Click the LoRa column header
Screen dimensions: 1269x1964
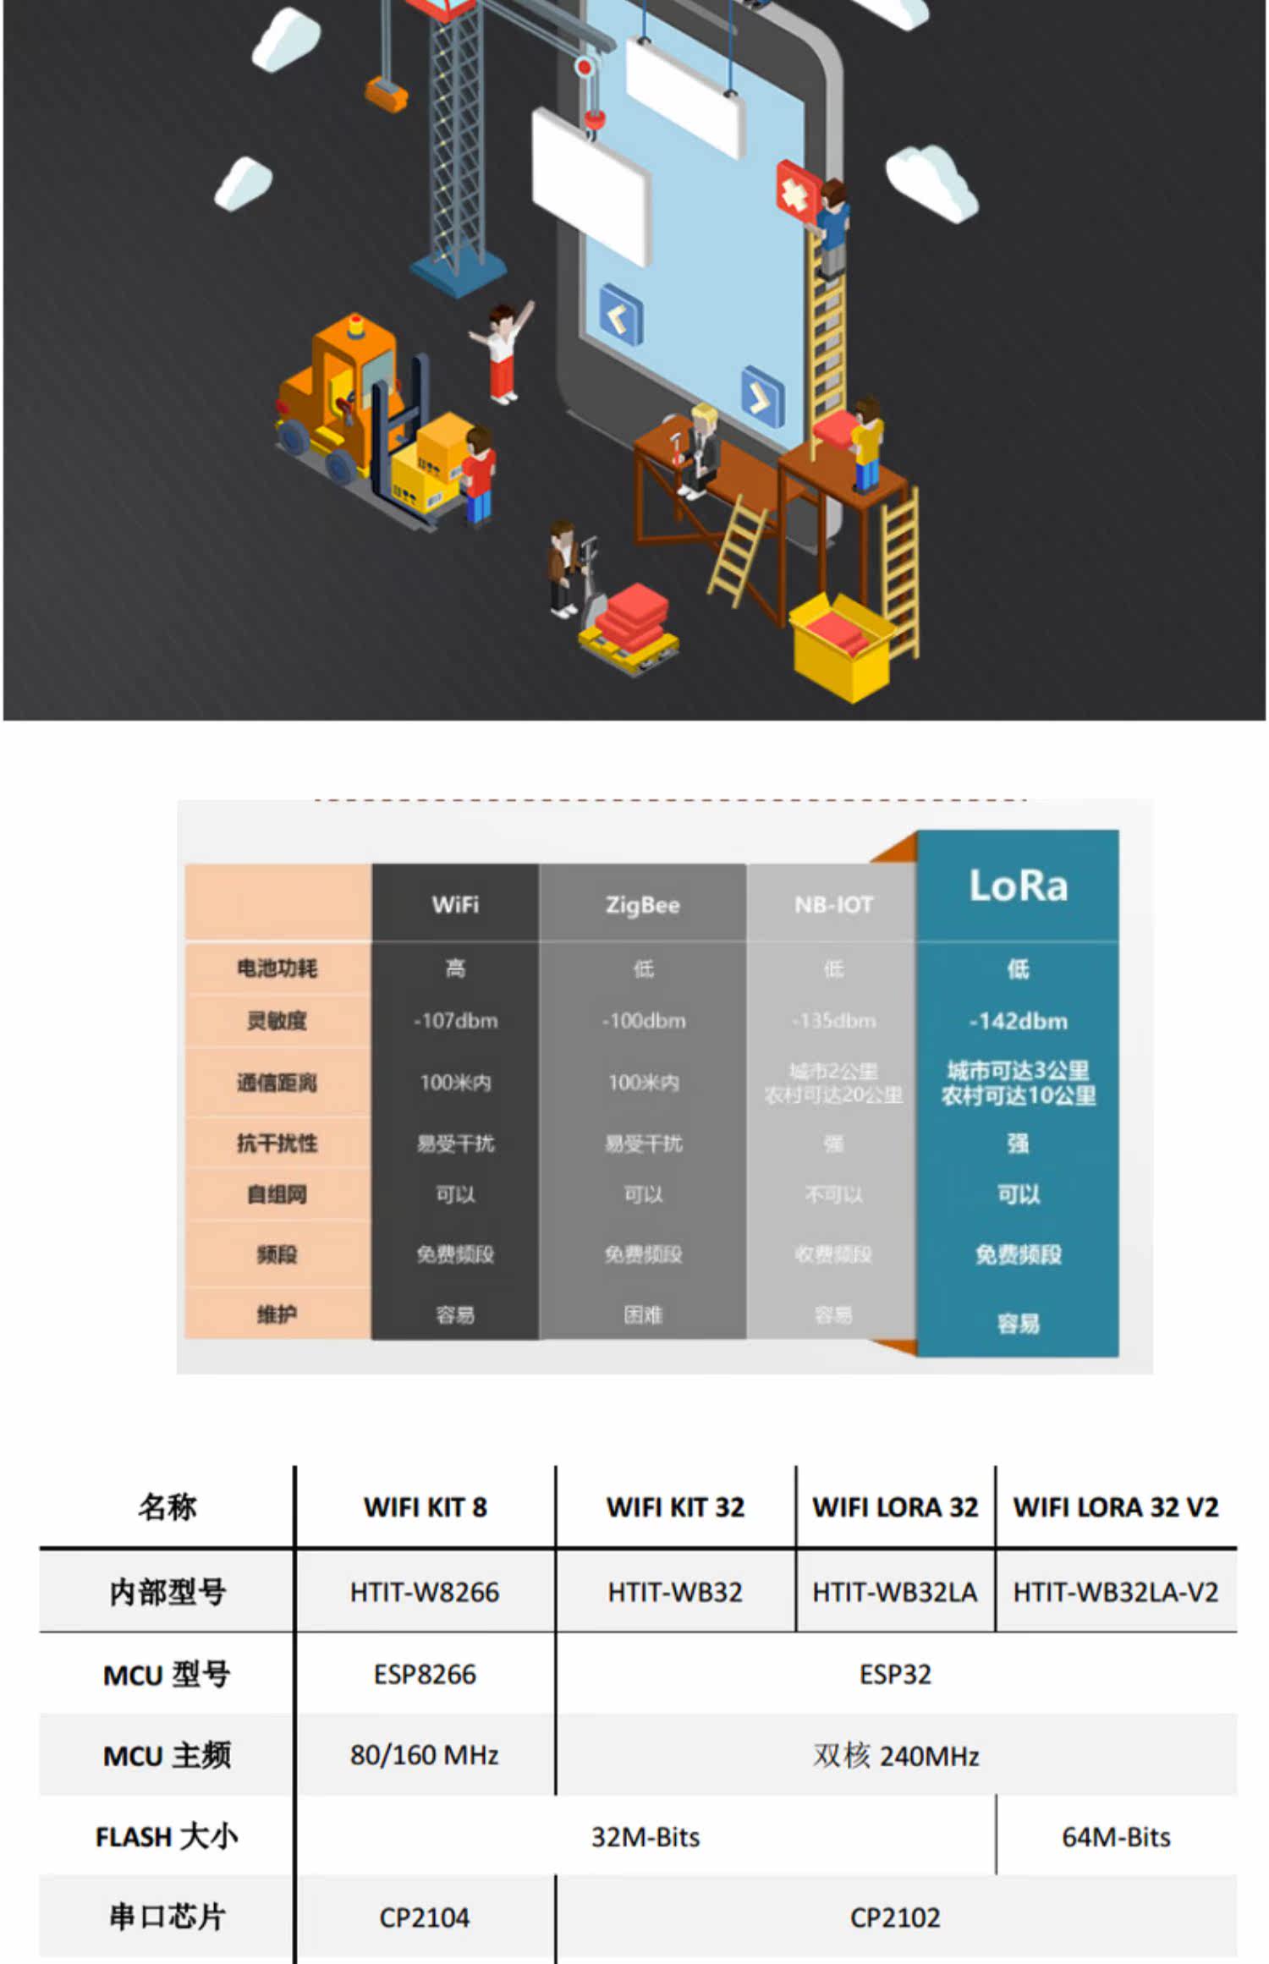coord(1018,886)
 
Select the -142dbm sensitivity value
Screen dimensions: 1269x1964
coord(1018,1021)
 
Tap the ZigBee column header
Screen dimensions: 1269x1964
coord(642,905)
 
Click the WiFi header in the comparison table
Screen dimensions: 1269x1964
coord(455,905)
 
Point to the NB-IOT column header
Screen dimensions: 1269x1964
coord(833,905)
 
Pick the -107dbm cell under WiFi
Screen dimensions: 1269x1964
coord(455,1021)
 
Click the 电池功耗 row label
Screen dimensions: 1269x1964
coord(277,968)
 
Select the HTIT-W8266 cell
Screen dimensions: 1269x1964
coord(425,1593)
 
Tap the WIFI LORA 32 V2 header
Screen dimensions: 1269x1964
coord(1116,1507)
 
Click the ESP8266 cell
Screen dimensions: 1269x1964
coord(425,1675)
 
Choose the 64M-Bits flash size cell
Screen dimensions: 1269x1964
coord(1116,1837)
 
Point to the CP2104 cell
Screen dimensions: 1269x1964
coord(425,1917)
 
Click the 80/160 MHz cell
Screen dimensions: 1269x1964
coord(425,1756)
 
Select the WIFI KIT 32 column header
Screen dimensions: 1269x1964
coord(675,1507)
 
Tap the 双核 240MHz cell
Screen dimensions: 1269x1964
coord(895,1756)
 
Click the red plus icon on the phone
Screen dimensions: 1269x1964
coord(795,191)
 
